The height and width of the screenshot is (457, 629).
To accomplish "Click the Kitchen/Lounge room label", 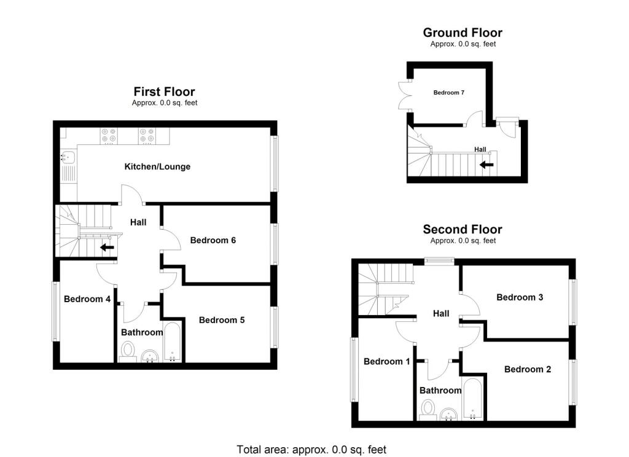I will [157, 166].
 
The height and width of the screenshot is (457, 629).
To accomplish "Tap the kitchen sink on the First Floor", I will [67, 157].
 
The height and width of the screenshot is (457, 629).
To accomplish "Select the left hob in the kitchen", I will [109, 135].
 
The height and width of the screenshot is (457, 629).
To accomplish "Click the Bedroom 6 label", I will [213, 240].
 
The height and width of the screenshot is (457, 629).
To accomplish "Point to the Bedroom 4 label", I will [87, 299].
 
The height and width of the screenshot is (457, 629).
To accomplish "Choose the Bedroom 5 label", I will [222, 320].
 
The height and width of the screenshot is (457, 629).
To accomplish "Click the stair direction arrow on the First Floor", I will [107, 248].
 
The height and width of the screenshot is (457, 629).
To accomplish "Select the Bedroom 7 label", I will [448, 93].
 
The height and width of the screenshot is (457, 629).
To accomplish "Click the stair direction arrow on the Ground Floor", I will [487, 164].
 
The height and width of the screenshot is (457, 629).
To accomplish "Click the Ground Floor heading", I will [463, 33].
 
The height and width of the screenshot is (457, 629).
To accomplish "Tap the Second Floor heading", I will [463, 230].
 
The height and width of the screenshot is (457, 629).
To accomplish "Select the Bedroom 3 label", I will [520, 297].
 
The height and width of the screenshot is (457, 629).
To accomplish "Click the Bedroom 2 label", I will [528, 369].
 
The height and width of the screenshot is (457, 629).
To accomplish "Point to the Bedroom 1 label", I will [386, 362].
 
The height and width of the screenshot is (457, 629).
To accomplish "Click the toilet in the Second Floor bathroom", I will [428, 408].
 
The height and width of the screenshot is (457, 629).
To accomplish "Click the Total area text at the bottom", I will [311, 450].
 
